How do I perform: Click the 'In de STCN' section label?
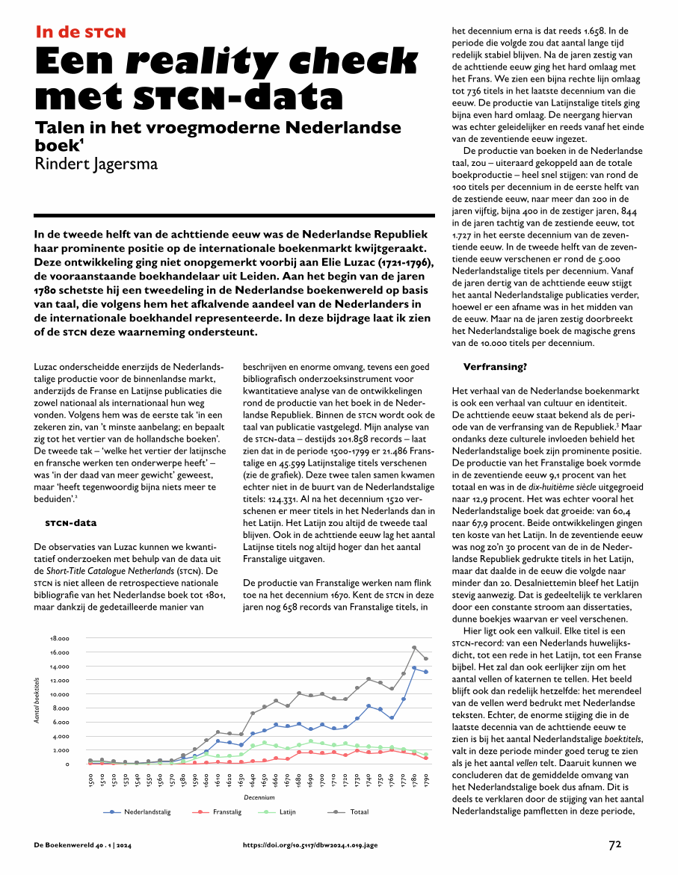point(81,32)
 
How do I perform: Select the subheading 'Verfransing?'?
point(496,368)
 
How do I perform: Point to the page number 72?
point(615,845)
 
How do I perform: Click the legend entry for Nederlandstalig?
point(147,811)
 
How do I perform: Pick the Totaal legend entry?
point(359,811)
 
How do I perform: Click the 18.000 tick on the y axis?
point(60,639)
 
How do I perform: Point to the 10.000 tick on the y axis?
point(60,694)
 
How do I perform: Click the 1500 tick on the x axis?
point(90,779)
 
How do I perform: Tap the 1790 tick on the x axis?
point(426,779)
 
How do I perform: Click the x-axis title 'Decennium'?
point(259,798)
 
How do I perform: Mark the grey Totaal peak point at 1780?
point(414,647)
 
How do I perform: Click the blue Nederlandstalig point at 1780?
point(414,668)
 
